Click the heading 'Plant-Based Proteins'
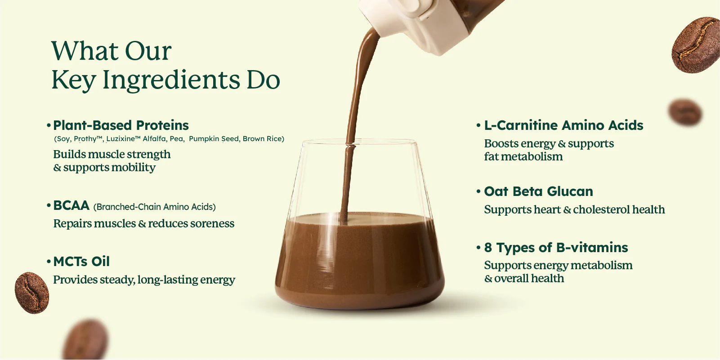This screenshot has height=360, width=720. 121,125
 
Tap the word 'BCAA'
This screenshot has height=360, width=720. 71,205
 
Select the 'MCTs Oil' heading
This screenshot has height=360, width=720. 81,261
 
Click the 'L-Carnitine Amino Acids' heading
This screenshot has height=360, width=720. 563,125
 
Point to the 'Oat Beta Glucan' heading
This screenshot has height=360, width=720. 538,191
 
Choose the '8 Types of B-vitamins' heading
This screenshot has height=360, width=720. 556,247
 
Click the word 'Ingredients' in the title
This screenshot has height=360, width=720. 171,80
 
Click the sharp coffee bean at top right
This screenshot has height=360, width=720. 696,44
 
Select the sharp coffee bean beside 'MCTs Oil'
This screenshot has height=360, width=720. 31,293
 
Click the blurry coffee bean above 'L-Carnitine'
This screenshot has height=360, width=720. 684,112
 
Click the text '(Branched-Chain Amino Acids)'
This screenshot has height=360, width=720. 154,207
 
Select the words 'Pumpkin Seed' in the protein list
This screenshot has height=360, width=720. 214,139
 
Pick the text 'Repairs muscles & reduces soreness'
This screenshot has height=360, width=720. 143,223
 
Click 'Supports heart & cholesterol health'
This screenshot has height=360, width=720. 574,209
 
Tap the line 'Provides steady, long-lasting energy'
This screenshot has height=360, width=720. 144,280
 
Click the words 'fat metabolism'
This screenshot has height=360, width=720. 523,156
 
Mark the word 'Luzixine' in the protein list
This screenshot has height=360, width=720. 121,139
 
